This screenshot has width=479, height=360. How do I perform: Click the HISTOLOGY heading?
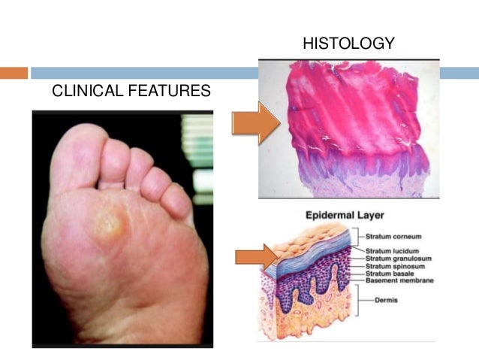click(348, 44)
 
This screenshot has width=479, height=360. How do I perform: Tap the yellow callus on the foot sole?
click(109, 222)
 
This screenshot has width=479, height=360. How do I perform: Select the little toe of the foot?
click(177, 201)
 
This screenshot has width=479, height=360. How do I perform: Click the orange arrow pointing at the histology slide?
click(255, 123)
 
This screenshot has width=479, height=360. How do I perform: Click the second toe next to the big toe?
click(116, 159)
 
